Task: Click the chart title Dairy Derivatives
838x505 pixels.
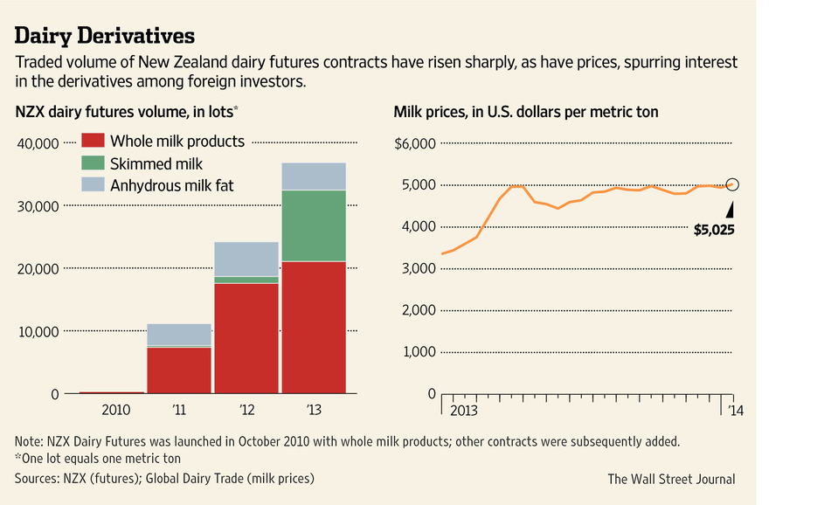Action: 105,37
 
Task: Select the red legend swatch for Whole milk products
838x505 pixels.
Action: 93,141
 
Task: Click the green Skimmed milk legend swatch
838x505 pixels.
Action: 93,163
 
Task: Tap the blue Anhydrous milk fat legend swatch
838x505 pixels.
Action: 93,184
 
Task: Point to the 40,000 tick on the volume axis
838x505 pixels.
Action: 38,143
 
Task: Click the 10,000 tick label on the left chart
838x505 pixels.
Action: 38,332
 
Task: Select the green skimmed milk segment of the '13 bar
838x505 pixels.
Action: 313,225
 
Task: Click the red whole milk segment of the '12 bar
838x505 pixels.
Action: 246,338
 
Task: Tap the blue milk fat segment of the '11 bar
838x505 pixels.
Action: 179,335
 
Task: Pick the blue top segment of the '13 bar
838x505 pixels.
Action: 313,176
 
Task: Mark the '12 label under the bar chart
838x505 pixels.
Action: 246,410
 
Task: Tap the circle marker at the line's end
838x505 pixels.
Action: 732,184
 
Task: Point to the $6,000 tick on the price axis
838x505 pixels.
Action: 415,143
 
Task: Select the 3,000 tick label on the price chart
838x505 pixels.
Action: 418,268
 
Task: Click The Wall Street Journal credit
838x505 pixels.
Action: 671,479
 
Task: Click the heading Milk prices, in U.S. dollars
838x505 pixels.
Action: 526,112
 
